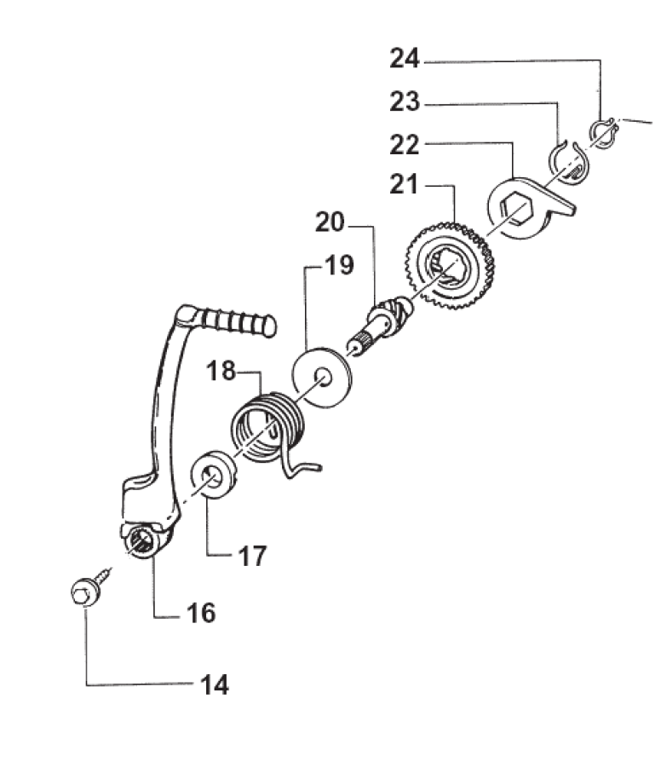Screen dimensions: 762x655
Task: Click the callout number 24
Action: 405,59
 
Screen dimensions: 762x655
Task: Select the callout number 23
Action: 405,102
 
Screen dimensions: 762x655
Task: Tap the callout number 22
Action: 405,145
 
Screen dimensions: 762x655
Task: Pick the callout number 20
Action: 330,224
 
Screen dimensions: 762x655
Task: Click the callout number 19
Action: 339,266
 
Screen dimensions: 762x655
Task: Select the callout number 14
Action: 214,684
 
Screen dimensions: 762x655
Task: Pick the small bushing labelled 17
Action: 213,477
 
